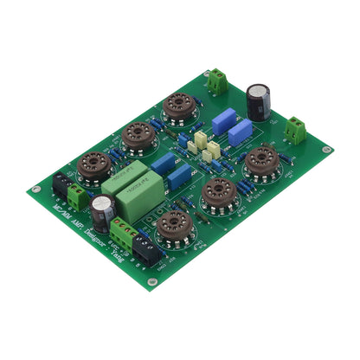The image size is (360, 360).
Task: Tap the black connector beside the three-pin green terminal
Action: [x=145, y=250]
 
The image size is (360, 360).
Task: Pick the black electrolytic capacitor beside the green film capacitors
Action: [x=103, y=211]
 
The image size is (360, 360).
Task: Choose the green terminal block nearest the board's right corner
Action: [x=298, y=130]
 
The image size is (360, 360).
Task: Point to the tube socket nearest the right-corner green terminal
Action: [x=260, y=162]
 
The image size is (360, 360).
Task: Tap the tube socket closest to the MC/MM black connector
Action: [x=93, y=166]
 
